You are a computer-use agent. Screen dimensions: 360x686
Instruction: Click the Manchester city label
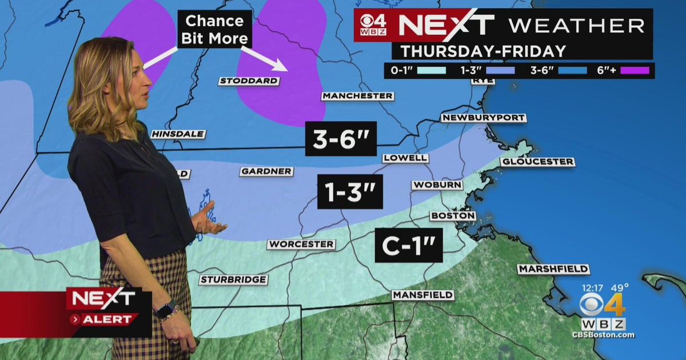[358, 96]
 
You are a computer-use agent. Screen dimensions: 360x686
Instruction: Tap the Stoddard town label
[249, 81]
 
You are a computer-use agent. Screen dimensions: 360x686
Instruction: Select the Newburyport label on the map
[484, 118]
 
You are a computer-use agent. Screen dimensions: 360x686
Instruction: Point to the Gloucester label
[537, 162]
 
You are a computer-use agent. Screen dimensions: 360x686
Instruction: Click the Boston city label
[453, 216]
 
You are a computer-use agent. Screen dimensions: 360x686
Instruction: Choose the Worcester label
[301, 244]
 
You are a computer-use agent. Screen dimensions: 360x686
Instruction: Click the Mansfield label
[423, 295]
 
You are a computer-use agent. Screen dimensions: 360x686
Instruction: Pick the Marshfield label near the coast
[553, 269]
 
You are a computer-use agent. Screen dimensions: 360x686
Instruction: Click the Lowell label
[405, 158]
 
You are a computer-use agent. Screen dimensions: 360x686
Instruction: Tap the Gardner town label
[267, 171]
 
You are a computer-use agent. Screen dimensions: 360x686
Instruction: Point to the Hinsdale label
[178, 134]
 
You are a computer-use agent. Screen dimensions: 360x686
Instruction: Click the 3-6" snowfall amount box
[341, 138]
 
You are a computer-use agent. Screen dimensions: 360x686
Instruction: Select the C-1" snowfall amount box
[409, 245]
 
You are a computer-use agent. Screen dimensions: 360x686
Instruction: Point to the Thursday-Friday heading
[483, 50]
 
